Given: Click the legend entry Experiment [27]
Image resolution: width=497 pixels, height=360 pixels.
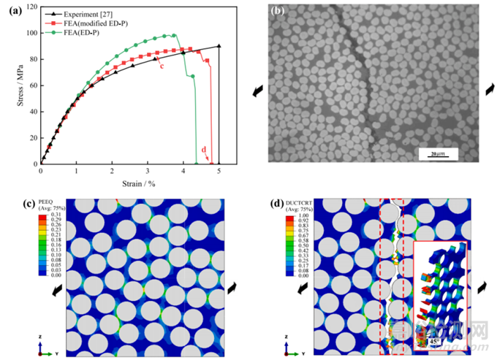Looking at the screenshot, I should (84, 13).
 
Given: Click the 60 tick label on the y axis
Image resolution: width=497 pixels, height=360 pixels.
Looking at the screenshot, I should (32, 85).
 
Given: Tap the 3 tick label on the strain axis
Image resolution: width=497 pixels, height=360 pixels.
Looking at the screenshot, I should (148, 172).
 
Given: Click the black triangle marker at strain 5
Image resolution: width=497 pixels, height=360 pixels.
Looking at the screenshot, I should (219, 46).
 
